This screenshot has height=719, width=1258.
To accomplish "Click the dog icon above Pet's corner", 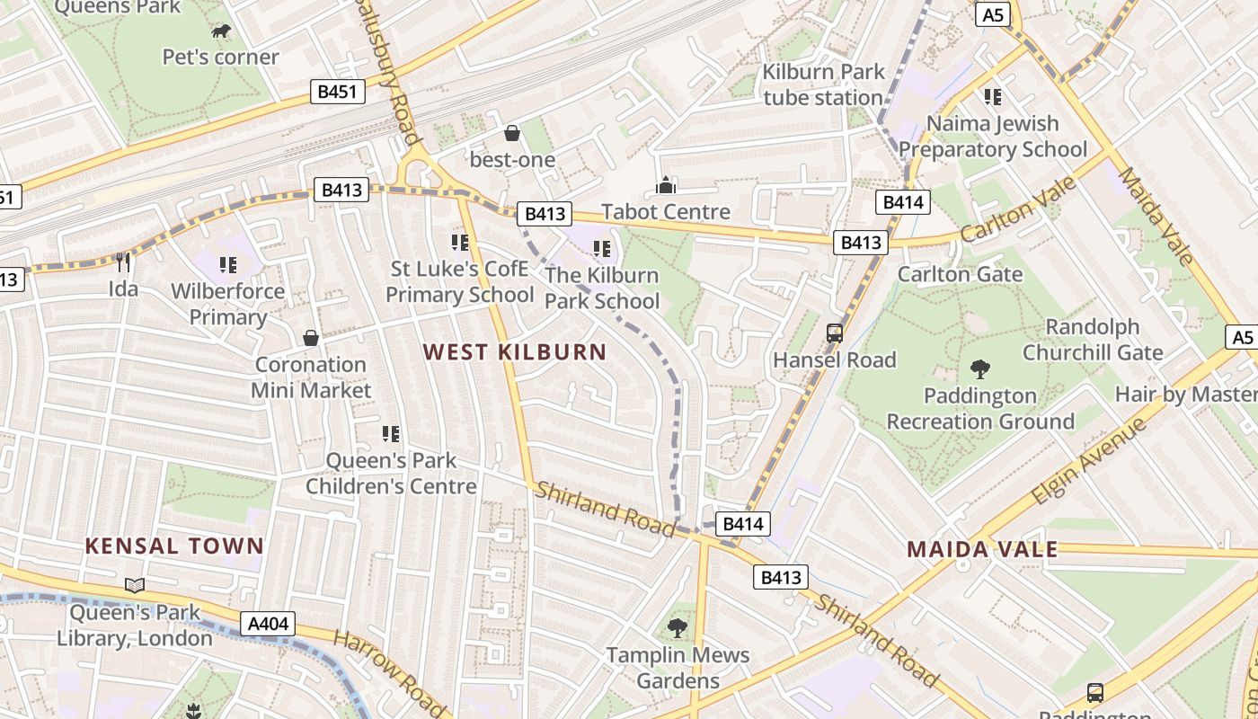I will coord(221,32).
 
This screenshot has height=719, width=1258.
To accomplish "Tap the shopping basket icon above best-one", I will coord(512,134).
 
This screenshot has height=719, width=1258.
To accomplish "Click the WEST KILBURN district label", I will coord(515,351).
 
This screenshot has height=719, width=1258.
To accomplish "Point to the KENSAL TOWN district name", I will coord(174,546).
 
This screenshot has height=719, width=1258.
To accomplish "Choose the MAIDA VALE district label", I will coord(982,549).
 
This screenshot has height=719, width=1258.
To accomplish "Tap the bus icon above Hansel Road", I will coord(835,333).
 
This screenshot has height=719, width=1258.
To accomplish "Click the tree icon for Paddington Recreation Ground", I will coord(980,369).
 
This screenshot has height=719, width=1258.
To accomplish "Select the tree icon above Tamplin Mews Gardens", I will coord(678,628).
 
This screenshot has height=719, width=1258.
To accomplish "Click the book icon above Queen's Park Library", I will coord(135,586).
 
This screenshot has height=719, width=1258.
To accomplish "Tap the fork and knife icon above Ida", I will coord(123,262).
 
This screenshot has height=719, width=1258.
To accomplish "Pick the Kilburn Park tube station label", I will coord(823,84).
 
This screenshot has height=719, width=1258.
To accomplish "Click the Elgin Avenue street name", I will coord(1089,460).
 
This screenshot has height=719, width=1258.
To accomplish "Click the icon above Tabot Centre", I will coord(666,185).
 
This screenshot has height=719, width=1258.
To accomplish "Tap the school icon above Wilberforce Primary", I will coord(228,265).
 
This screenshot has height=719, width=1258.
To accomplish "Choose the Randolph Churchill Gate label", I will coord(1093,340).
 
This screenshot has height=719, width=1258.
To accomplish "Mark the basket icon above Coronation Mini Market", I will coord(311,339).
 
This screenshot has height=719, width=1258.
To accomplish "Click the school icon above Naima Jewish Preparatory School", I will coord(993,97).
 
